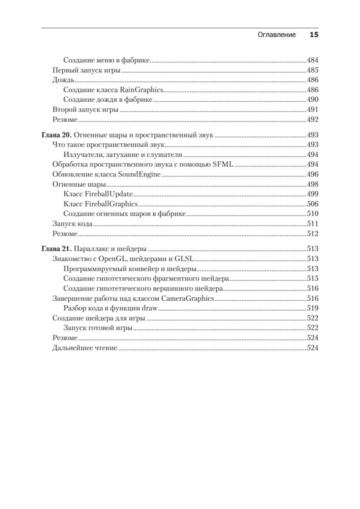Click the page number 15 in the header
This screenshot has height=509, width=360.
314,35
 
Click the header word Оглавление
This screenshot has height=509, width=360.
276,35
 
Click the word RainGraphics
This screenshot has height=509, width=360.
142,90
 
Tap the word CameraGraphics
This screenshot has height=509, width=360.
187,299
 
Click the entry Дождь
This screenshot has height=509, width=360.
64,80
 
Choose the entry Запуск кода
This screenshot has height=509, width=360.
73,224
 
